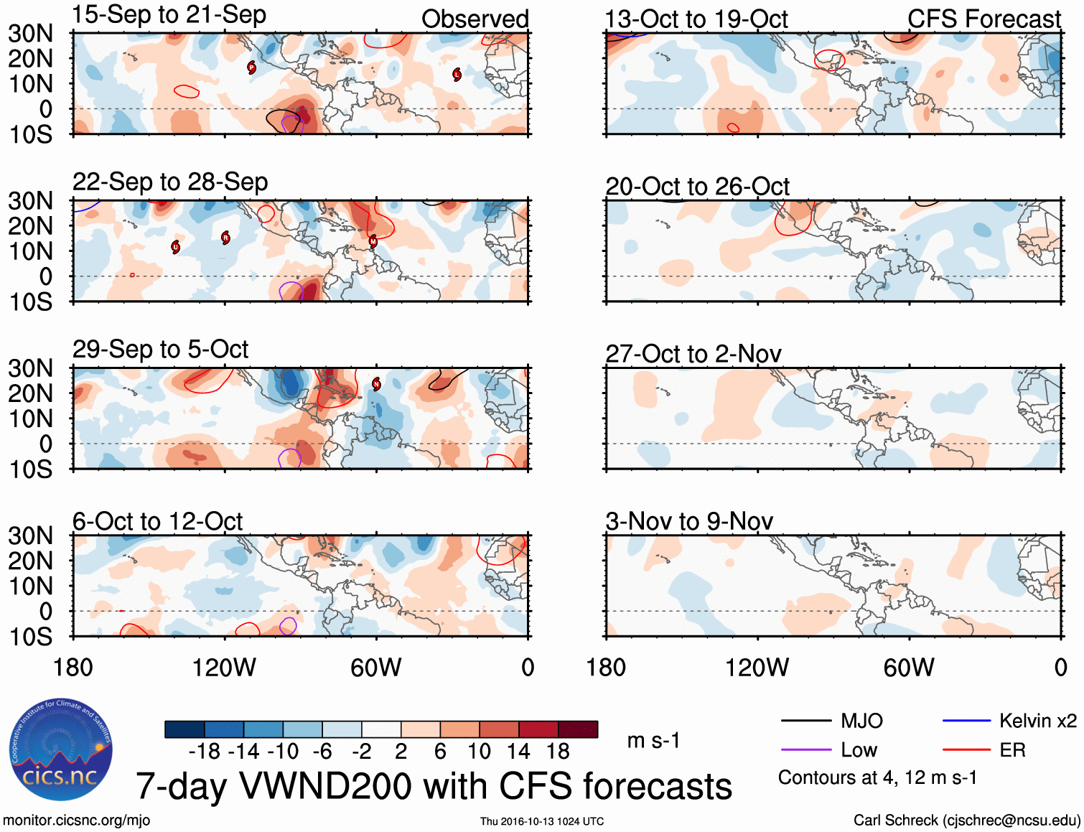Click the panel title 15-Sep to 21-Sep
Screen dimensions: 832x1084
[x=169, y=15]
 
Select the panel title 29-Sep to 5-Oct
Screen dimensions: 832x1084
[x=160, y=350]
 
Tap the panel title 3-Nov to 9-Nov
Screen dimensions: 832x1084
[x=689, y=521]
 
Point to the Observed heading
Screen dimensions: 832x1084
[x=475, y=19]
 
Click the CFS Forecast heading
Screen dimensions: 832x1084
[x=983, y=19]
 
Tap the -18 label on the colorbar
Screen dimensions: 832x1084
[x=204, y=752]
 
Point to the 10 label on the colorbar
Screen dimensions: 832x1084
[x=479, y=752]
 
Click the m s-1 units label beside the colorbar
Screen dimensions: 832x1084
[x=653, y=741]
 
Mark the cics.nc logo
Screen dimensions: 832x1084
[x=61, y=750]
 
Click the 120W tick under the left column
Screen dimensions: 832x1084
[x=224, y=668]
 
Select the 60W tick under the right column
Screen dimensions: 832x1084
[x=909, y=668]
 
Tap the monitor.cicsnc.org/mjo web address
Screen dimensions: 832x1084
[x=77, y=821]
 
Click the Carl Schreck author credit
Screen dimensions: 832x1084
[x=966, y=821]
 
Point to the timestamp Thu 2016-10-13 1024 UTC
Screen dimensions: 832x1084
[x=542, y=821]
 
